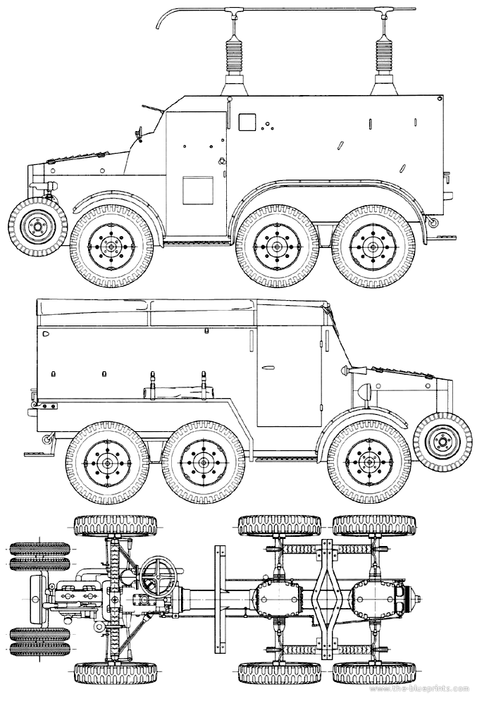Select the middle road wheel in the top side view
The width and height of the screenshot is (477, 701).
click(x=275, y=247)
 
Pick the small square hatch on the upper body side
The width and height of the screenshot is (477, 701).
click(x=247, y=123)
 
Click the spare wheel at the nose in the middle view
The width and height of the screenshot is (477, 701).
click(x=442, y=442)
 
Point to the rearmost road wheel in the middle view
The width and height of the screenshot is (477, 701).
click(x=105, y=461)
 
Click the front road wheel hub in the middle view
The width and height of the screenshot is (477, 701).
click(x=368, y=461)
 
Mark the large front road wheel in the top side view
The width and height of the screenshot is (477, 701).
click(x=111, y=247)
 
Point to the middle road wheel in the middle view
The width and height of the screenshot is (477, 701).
click(x=202, y=461)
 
